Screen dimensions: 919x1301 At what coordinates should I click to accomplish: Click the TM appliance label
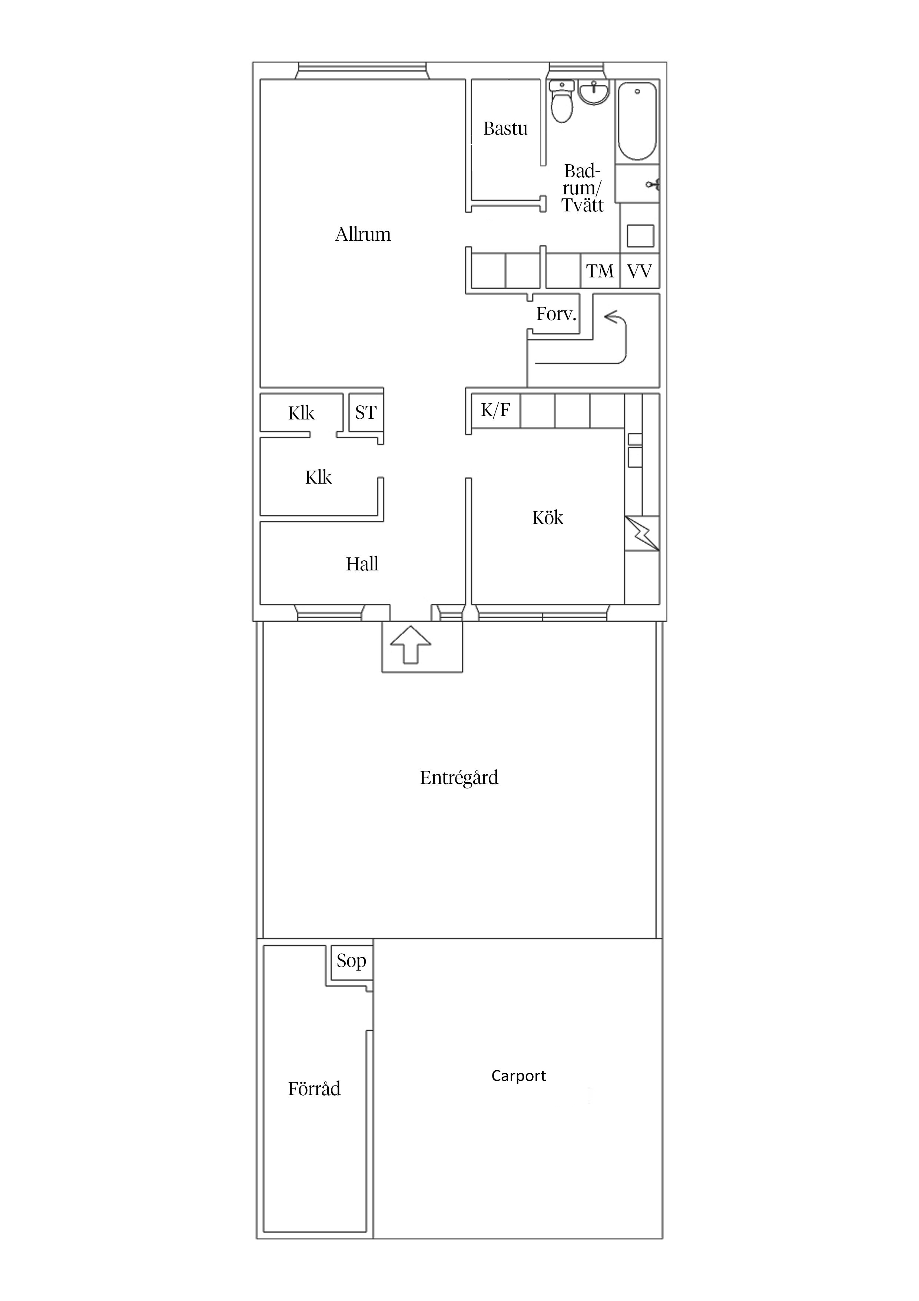point(600,271)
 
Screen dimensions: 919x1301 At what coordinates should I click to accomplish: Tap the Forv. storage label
point(556,314)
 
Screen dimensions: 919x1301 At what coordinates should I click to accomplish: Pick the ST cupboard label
point(366,412)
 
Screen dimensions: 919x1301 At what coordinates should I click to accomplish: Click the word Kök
point(548,517)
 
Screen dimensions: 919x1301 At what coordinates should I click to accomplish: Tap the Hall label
point(362,564)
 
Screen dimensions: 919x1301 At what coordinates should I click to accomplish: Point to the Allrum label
point(363,235)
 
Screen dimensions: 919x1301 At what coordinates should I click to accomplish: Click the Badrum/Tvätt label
point(583,188)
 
